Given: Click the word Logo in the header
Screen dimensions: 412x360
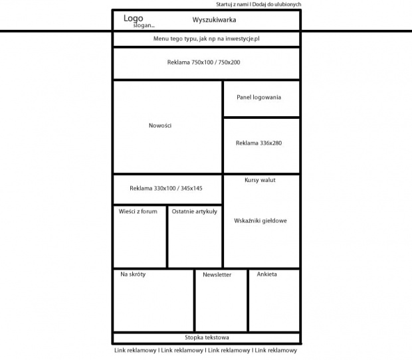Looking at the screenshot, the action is pos(133,19).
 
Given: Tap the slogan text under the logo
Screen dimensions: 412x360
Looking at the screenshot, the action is pos(144,25).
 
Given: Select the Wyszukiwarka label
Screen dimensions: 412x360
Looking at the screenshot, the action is pos(214,20).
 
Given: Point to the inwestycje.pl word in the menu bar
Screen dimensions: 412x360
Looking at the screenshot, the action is pos(243,39).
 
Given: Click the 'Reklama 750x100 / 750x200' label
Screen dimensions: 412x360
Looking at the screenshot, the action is pos(203,62).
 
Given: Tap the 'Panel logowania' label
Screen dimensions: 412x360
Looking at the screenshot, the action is pos(258,98).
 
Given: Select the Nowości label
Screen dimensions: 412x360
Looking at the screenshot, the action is pos(160,126).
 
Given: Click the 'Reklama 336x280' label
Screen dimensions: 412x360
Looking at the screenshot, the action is pos(258,143).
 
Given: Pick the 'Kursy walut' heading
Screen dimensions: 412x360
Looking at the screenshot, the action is pos(260,180).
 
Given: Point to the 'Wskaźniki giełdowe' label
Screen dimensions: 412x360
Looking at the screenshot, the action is pos(260,221).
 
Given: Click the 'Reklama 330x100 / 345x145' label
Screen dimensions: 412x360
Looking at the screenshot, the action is pos(166,188).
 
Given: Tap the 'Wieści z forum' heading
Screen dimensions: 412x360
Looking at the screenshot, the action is pos(138,211).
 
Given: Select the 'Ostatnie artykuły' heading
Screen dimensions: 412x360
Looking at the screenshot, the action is pos(195,212).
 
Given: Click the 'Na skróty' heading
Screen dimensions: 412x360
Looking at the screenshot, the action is pos(133,274).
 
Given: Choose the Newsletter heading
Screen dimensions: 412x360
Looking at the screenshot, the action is pos(217,275).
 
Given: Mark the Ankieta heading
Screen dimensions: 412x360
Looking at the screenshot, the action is pos(266,274).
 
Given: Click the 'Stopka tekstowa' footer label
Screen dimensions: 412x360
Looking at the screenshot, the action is pos(207,337).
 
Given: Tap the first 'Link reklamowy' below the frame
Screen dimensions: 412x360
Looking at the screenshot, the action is pos(136,350).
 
